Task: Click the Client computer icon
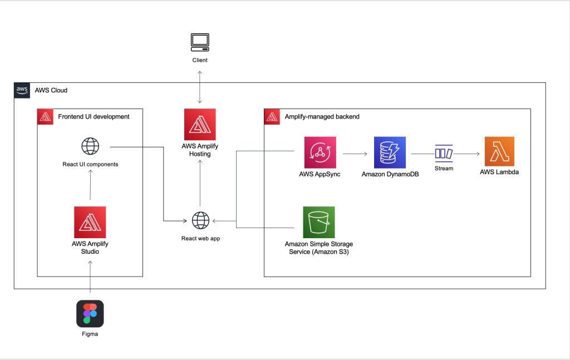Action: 199,42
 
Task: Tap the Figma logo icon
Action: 90,314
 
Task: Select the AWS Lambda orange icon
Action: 499,152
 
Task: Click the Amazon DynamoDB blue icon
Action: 390,152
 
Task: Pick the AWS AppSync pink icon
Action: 320,152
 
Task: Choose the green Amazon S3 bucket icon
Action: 319,222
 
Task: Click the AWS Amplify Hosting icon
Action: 200,125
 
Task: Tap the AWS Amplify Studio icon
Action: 90,222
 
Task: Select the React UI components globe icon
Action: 90,147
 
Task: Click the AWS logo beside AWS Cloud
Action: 22,90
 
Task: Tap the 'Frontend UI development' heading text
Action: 94,117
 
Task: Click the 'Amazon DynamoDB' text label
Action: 390,174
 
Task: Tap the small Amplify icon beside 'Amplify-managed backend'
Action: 272,117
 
